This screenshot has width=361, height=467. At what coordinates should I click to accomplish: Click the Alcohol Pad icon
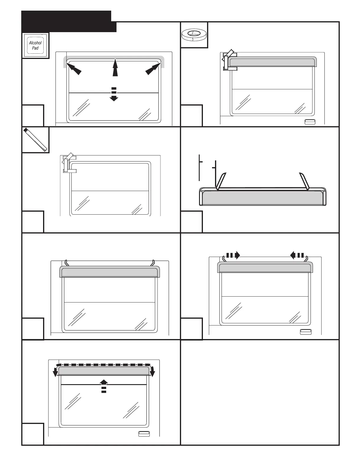point(36,45)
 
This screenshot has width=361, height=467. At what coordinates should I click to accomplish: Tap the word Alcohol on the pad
point(35,43)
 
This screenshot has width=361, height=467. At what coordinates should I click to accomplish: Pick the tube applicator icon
point(36,140)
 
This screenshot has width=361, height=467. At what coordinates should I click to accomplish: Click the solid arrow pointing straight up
point(115,68)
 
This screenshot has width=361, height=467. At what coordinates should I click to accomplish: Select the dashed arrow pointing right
point(233,255)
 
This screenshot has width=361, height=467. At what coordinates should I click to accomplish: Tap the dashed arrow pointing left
point(297,255)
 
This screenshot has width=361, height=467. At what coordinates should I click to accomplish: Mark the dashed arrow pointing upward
point(104,386)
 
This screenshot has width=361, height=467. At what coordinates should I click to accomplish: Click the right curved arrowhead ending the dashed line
point(152,372)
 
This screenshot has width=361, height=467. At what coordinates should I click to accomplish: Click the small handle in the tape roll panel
point(310,122)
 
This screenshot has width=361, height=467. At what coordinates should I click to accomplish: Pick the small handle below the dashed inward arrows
point(306,332)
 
